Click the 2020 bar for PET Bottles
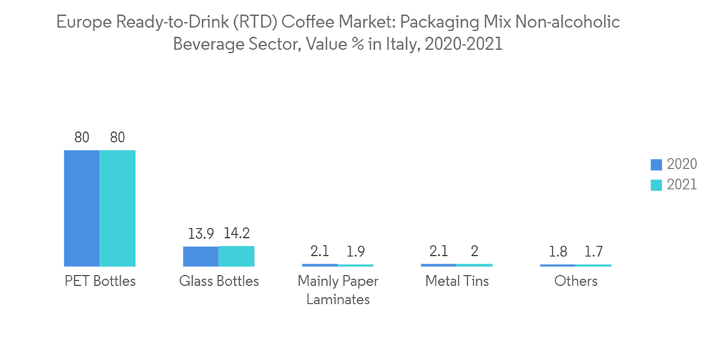[x=81, y=208]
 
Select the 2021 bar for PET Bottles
[x=117, y=208]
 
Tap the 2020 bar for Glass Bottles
[x=201, y=256]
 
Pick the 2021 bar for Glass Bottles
[x=236, y=256]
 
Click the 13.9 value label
[x=201, y=234]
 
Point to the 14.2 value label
[x=236, y=234]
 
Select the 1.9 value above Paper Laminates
[x=356, y=251]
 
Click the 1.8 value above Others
[x=558, y=251]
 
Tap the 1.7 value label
[x=593, y=251]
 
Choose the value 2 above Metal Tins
[x=474, y=251]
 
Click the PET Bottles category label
[x=99, y=281]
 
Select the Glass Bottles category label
[x=218, y=281]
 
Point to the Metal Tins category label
[x=457, y=281]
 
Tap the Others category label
[x=575, y=281]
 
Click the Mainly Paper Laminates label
[x=338, y=290]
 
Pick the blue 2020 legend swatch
[x=656, y=164]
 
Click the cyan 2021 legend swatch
[x=656, y=185]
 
